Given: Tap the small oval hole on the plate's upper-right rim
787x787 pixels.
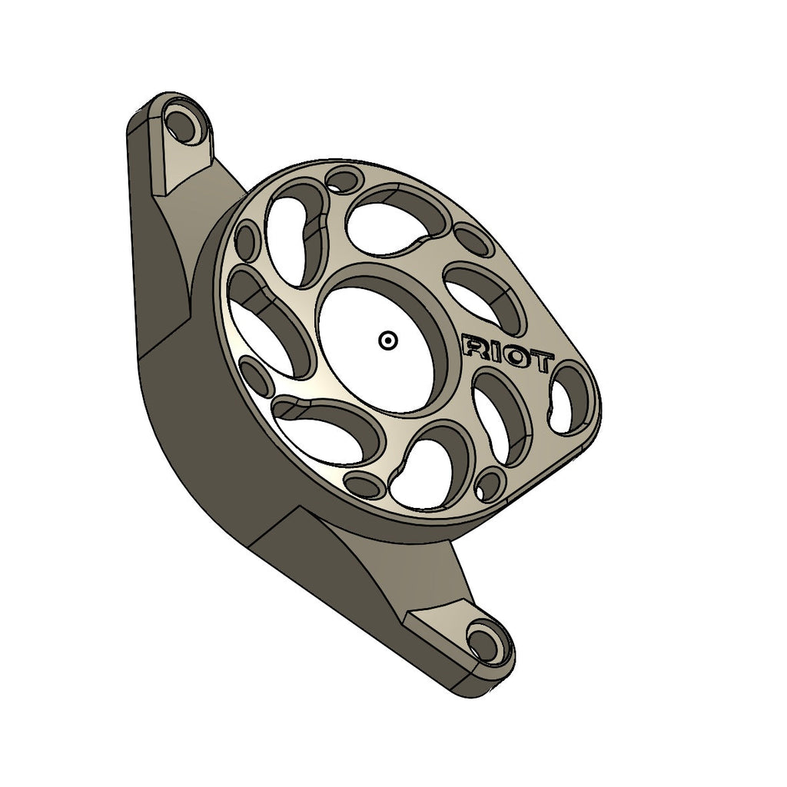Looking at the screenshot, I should (473, 240).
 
